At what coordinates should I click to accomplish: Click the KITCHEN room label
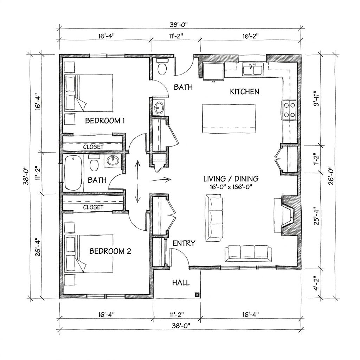click(x=245, y=92)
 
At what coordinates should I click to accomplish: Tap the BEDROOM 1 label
click(x=105, y=121)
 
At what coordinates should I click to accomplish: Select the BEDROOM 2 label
click(x=110, y=251)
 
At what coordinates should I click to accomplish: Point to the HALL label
click(x=181, y=283)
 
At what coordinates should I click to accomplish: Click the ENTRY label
click(x=184, y=243)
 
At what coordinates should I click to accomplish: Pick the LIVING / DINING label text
click(x=231, y=179)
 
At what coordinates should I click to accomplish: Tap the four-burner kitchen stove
click(x=289, y=110)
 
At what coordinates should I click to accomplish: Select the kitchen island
click(x=229, y=118)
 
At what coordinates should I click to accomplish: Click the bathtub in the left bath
click(x=73, y=173)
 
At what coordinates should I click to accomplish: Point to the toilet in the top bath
click(x=162, y=66)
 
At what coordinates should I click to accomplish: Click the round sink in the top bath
click(x=159, y=107)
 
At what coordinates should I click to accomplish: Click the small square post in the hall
click(x=197, y=294)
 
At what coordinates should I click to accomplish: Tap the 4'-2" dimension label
click(x=317, y=283)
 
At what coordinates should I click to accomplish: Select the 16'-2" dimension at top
click(x=250, y=36)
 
